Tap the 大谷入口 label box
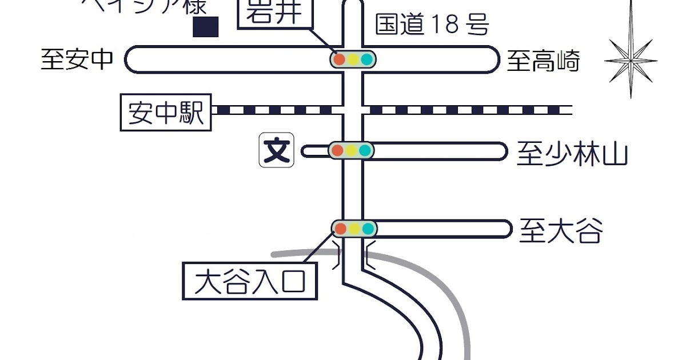coord(249,281)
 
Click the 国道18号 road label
coord(432,25)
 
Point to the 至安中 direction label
coord(77,59)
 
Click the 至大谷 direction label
coord(560,231)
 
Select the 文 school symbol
coord(277,151)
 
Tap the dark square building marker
coord(206,27)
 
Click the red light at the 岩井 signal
coord(339,59)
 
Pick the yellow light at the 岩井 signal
coord(353,59)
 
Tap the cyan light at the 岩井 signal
coord(367,59)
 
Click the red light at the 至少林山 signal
coord(337,151)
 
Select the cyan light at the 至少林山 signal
coord(366,151)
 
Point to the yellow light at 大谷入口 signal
coord(354,229)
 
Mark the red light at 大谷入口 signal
coord(340,229)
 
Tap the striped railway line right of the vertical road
coord(469,110)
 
